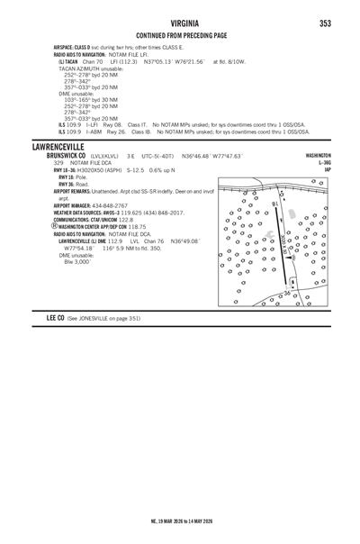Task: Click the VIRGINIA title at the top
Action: tap(180, 23)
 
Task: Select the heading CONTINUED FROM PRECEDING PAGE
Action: tap(180, 35)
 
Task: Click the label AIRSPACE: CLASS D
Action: tap(63, 44)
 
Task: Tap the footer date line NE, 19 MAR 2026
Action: tap(180, 521)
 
